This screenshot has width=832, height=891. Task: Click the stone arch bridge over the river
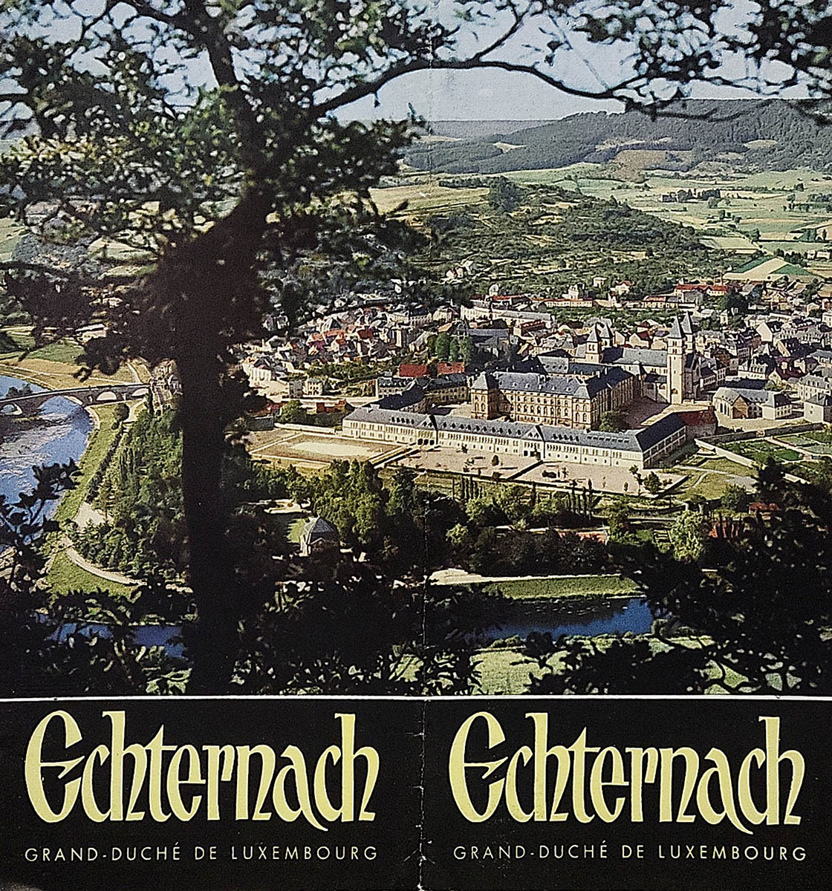click(x=74, y=396)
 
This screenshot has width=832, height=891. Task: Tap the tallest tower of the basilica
click(x=676, y=360)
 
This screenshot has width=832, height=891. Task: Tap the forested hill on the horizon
click(x=631, y=134)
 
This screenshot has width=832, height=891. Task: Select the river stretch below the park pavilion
click(x=565, y=616)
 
